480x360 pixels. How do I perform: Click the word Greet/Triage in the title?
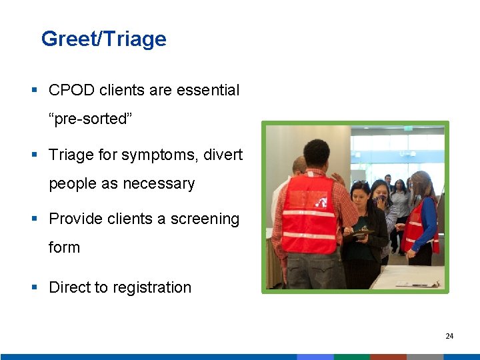coord(103,39)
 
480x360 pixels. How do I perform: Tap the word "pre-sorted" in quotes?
coord(87,119)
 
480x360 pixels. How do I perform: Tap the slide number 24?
coord(449,336)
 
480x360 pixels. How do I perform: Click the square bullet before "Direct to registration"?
coord(34,287)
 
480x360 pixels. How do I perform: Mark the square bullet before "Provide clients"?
coord(34,219)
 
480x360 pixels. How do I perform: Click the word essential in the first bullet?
coord(207,90)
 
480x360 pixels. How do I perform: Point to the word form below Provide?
coord(64,247)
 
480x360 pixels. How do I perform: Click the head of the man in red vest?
coord(317,155)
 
